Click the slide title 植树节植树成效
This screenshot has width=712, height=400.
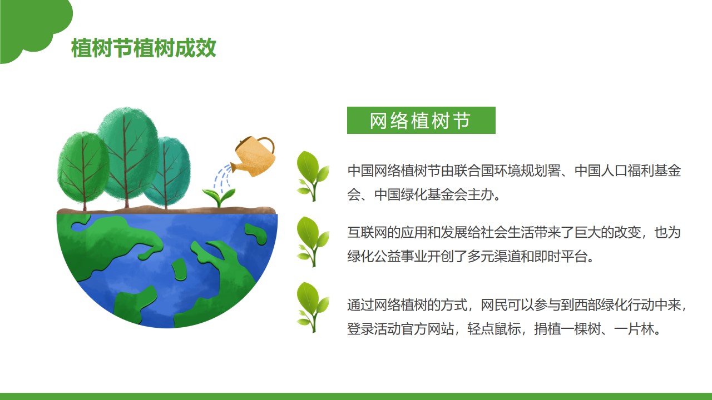(144, 48)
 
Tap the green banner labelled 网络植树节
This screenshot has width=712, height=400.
(421, 121)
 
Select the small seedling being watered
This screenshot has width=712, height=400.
(219, 197)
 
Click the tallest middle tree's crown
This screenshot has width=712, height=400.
(128, 152)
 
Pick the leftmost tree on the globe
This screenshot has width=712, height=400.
(83, 168)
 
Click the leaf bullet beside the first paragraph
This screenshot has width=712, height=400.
(313, 176)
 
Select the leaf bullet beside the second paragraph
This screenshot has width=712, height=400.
(313, 242)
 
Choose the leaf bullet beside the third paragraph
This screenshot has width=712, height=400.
(313, 307)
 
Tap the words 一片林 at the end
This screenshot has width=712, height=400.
(634, 329)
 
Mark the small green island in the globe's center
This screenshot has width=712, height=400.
(179, 269)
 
